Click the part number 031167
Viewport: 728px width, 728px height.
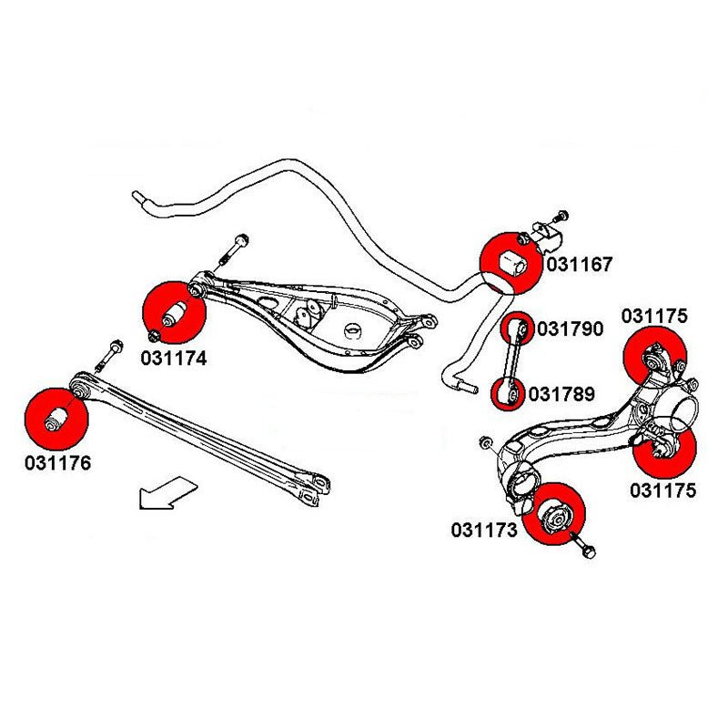(x=580, y=265)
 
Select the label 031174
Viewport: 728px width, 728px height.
(x=174, y=359)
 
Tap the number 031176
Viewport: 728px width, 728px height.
(x=58, y=463)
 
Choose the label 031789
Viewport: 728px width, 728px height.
(x=561, y=395)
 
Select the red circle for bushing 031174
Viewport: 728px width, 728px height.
(x=176, y=312)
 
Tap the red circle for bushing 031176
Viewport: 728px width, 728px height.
(x=56, y=418)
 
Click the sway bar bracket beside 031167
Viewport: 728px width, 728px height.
(x=549, y=239)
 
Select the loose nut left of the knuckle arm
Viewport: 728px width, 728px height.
(x=484, y=444)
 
